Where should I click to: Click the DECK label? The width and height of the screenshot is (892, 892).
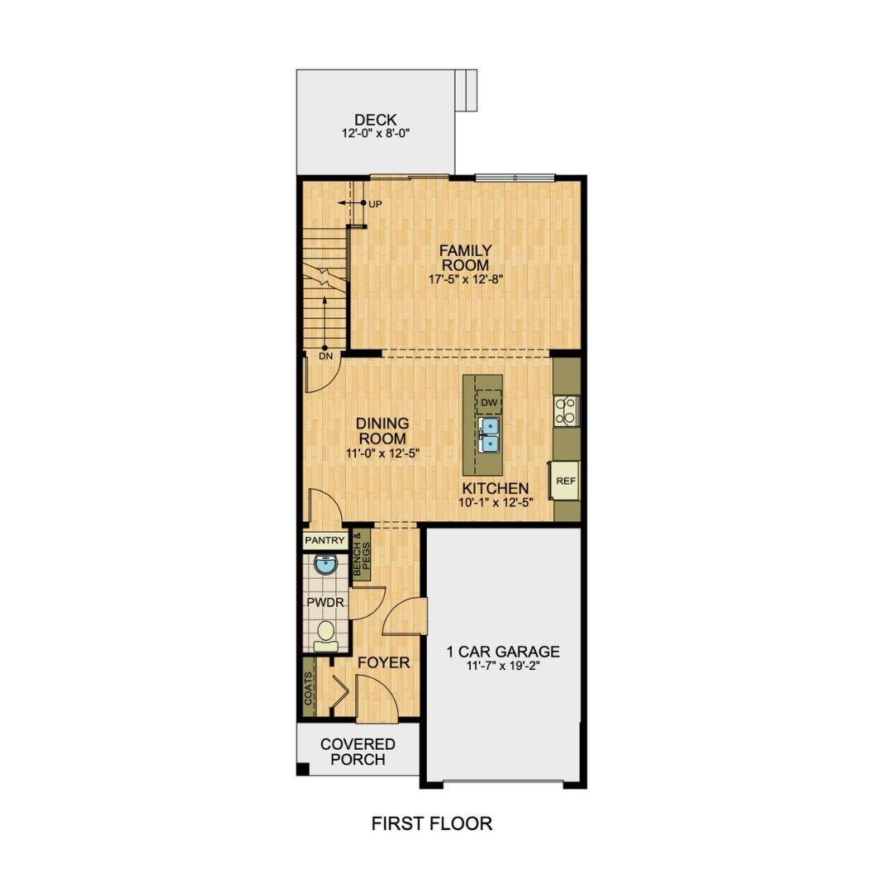(376, 121)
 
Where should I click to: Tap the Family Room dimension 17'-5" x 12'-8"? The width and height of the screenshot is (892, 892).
(465, 279)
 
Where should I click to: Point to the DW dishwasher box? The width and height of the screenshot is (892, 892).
(490, 401)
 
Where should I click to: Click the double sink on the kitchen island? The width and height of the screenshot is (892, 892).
(490, 434)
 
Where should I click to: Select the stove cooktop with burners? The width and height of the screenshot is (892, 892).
(567, 410)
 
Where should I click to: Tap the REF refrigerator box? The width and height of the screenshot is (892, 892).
(566, 481)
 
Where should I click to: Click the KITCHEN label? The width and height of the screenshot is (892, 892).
(496, 489)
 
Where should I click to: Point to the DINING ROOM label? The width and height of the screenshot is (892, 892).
(382, 431)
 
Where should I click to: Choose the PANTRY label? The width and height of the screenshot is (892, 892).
(325, 541)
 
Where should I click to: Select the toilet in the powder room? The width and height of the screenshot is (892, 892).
(325, 633)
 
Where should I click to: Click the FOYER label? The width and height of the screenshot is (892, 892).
(383, 662)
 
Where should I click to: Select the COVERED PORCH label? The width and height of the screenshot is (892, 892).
(358, 752)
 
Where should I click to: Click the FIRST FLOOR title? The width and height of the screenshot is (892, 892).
(431, 823)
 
